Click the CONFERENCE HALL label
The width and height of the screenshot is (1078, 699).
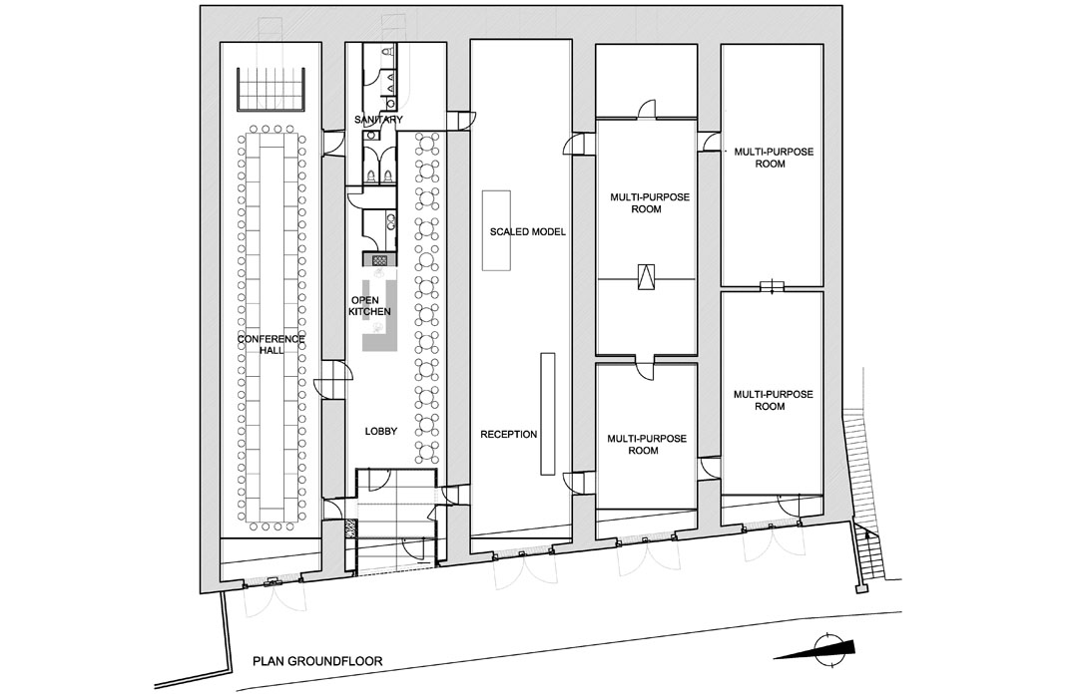pyautogui.click(x=270, y=345)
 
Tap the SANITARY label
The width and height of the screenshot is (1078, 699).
pyautogui.click(x=378, y=120)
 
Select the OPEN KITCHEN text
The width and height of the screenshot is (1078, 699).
pyautogui.click(x=370, y=306)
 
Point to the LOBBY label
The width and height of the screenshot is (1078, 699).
pyautogui.click(x=381, y=431)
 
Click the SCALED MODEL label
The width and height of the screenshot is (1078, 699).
pyautogui.click(x=527, y=232)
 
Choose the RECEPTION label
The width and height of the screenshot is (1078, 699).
pyautogui.click(x=509, y=434)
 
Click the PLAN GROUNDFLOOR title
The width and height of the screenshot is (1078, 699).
pyautogui.click(x=317, y=662)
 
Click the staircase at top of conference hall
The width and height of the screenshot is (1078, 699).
pyautogui.click(x=270, y=89)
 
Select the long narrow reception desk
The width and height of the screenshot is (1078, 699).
pyautogui.click(x=547, y=414)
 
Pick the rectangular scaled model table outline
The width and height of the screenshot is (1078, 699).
pyautogui.click(x=496, y=230)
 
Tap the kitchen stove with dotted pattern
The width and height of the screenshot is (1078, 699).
pyautogui.click(x=380, y=260)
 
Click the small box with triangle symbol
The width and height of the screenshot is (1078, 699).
pyautogui.click(x=646, y=277)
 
